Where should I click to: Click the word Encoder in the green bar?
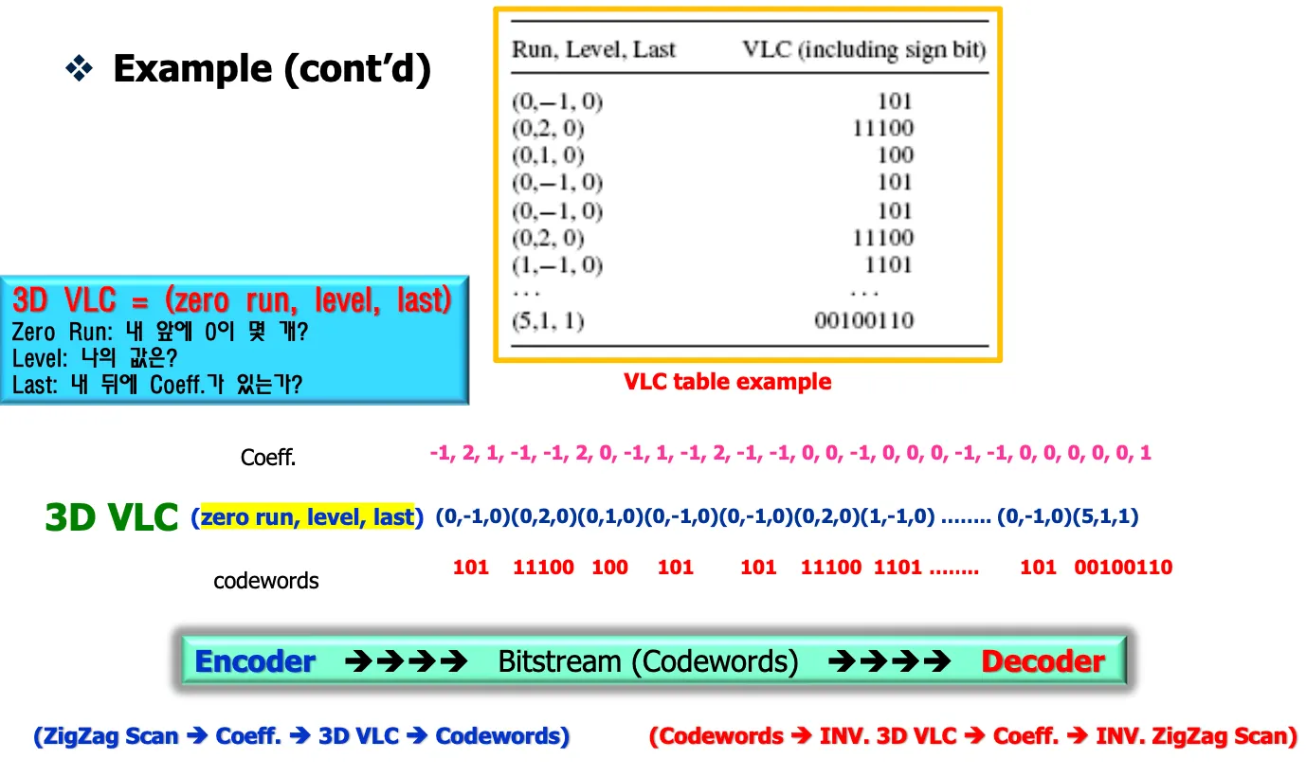[x=254, y=661]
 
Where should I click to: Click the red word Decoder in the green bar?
[x=1043, y=661]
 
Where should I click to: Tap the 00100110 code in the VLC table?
[x=864, y=320]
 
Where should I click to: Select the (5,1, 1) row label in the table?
[x=548, y=320]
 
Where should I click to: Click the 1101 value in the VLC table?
[x=888, y=264]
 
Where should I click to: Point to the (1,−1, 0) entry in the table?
[x=557, y=264]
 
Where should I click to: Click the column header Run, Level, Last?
[x=593, y=49]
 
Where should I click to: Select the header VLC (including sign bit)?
[x=863, y=49]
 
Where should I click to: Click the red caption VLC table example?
[x=727, y=382]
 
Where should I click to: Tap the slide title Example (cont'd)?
[x=272, y=69]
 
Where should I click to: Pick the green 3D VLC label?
[x=112, y=517]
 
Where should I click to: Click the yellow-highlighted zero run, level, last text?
[x=308, y=517]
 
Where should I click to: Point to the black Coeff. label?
[x=268, y=458]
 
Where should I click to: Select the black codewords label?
[x=266, y=580]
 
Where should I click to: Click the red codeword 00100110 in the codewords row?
[x=1123, y=568]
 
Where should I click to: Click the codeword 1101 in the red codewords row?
[x=897, y=568]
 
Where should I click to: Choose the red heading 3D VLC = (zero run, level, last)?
[x=232, y=300]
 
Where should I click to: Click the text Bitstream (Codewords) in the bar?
[x=647, y=661]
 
